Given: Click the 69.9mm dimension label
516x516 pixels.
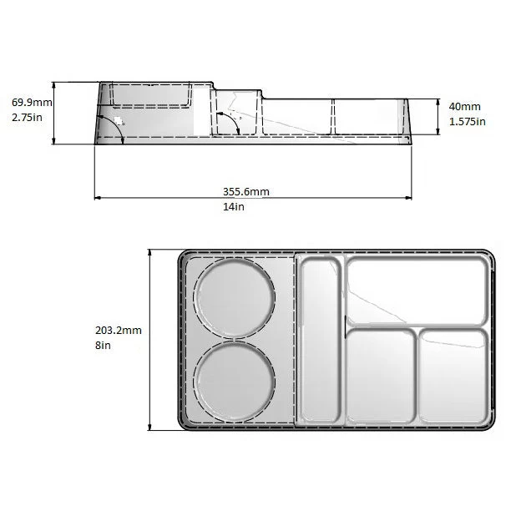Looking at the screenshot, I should (x=32, y=102).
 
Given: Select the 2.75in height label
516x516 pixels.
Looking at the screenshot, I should (x=28, y=119).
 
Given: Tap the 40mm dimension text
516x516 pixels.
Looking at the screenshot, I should (x=465, y=106).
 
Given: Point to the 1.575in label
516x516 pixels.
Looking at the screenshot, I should (x=468, y=121).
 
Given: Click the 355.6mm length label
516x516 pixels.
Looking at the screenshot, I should (x=246, y=191).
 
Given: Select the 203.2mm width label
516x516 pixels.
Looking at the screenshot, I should (x=119, y=330).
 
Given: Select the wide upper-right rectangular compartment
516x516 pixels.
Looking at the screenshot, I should (x=416, y=291).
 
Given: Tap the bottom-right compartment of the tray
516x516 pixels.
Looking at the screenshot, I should (x=452, y=376).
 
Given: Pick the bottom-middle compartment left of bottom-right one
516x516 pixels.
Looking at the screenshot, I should (x=380, y=377).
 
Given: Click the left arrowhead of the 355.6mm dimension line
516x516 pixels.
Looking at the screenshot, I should (x=97, y=198).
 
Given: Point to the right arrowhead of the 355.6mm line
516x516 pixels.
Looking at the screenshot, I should (x=409, y=198).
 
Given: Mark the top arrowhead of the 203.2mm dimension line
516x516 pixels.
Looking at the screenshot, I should (x=149, y=252).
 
